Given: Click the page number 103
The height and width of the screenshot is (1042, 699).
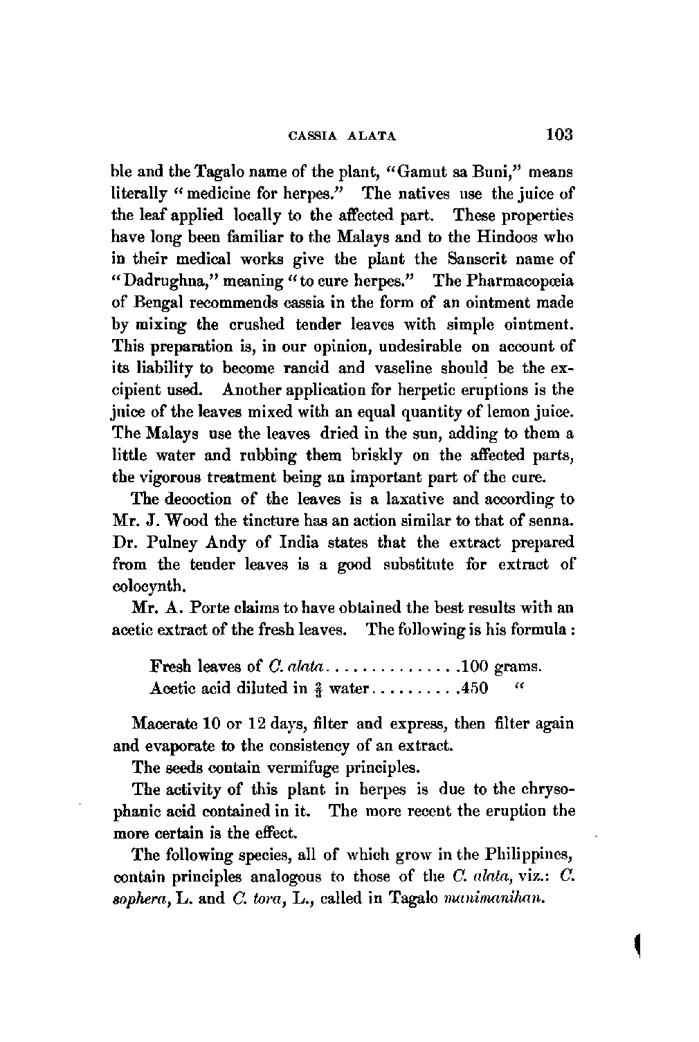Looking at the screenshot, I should click(559, 133).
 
